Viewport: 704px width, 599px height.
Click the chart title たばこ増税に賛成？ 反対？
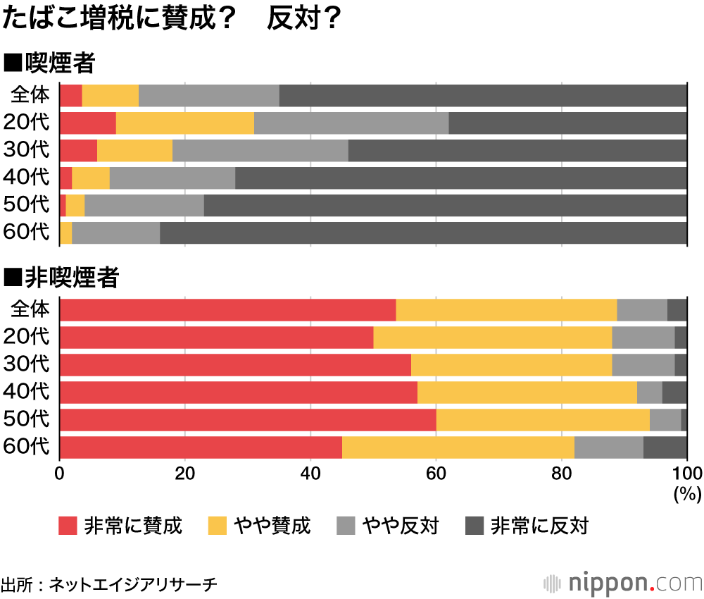point(172,19)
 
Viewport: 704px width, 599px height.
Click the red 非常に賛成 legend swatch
point(68,526)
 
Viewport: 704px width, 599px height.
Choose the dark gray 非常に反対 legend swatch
point(475,526)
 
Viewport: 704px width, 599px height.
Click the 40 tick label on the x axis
point(310,472)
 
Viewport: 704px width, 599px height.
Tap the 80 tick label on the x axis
point(562,472)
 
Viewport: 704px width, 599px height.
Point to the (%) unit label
point(684,493)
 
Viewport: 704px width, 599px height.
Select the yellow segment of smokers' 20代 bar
point(184,123)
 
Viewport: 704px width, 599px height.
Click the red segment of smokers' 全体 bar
point(70,95)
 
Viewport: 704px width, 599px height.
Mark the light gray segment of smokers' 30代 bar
point(260,150)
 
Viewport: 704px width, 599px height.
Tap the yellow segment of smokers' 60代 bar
point(65,233)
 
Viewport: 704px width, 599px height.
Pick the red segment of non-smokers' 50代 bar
point(248,420)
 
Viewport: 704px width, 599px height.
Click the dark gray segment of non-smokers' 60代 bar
point(665,447)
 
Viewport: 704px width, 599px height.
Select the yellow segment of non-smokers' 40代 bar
point(527,393)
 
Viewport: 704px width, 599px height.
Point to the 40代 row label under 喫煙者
point(27,178)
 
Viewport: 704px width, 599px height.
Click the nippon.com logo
point(623,583)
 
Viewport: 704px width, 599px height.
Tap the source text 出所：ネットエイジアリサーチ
point(109,584)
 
